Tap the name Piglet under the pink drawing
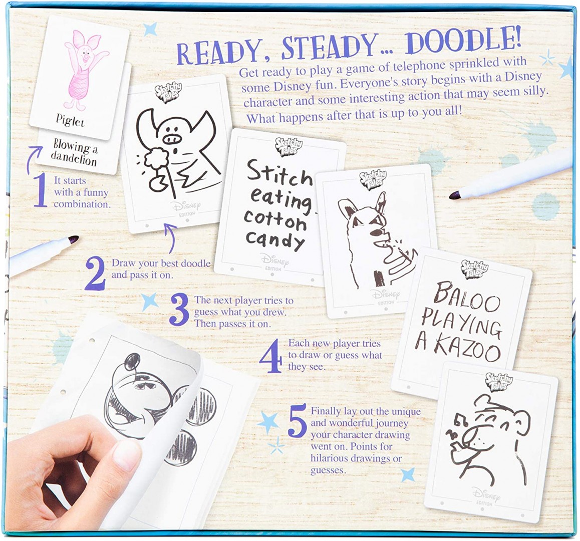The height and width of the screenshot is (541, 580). tap(70, 121)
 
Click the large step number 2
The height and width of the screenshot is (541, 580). tap(96, 274)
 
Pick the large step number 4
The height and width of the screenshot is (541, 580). tap(270, 358)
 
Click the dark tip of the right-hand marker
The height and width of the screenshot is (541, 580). tap(454, 195)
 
